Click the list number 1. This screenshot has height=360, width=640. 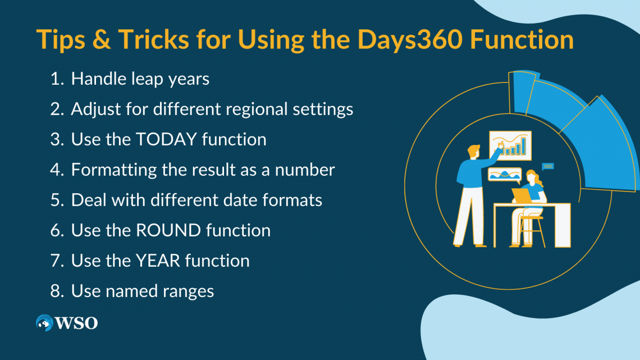point(57,79)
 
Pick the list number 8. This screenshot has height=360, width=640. point(57,291)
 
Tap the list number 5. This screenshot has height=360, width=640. point(57,200)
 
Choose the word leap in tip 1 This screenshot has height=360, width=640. point(149,79)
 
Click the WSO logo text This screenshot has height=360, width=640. point(76,323)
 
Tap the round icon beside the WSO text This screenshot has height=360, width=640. point(44,322)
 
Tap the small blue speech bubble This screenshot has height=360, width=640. point(548,166)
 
